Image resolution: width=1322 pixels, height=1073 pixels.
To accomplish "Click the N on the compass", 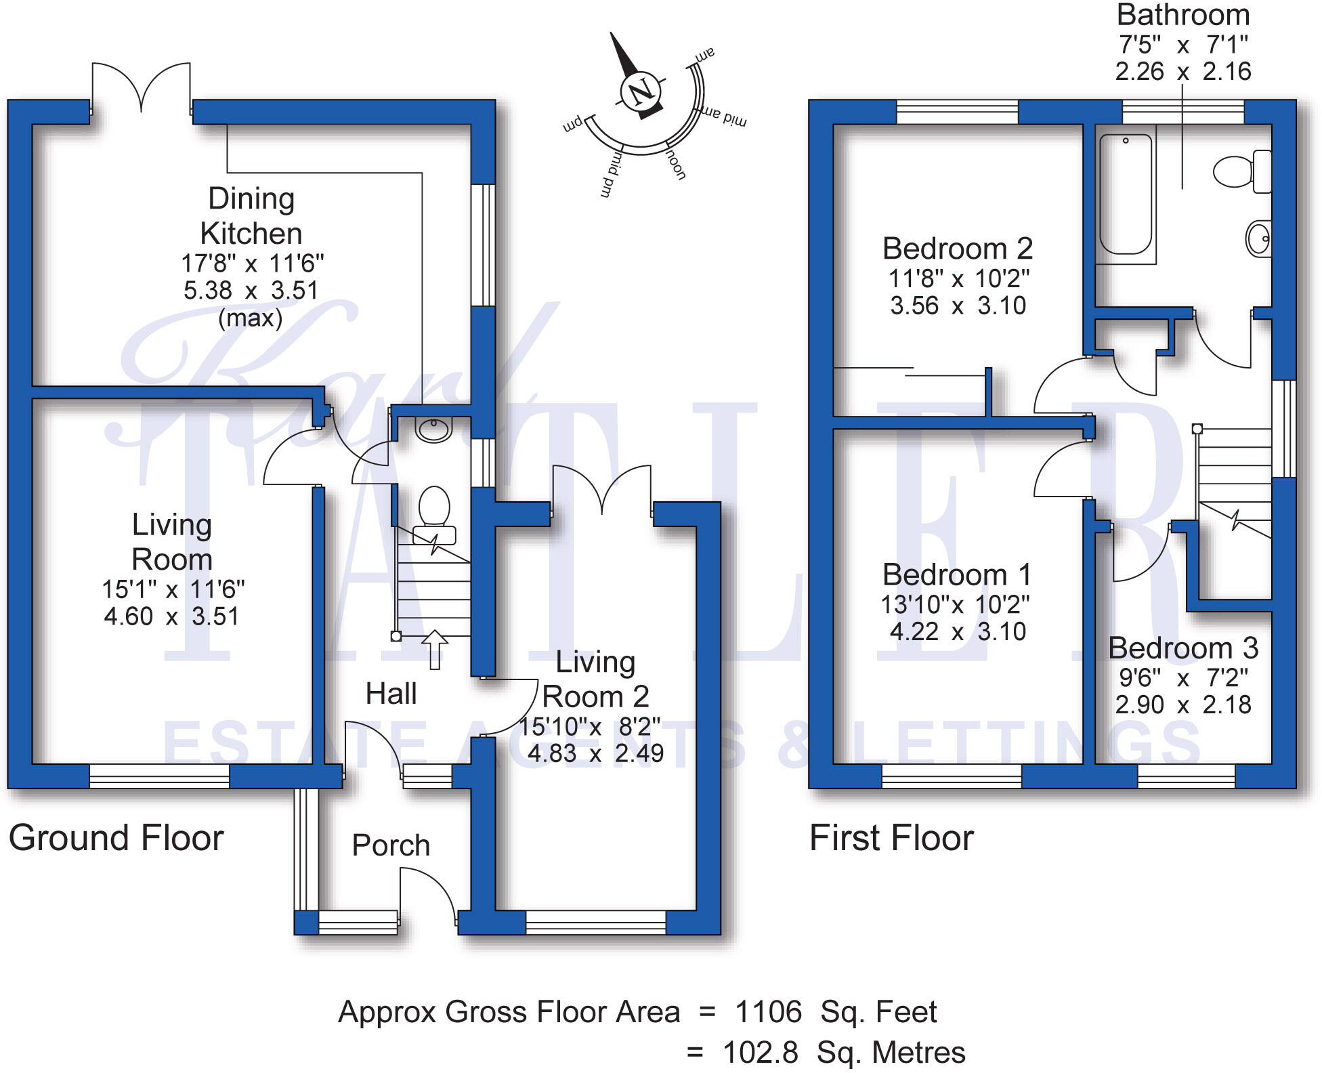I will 641,91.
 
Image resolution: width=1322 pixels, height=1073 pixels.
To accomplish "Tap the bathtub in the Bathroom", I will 1125,195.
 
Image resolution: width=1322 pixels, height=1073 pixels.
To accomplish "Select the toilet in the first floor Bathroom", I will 1240,171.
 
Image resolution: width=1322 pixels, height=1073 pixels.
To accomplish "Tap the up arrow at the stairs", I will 435,649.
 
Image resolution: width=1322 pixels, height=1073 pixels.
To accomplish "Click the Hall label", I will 391,694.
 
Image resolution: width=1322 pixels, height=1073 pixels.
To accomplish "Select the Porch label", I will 391,845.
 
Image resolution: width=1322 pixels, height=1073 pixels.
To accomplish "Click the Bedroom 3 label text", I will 1182,648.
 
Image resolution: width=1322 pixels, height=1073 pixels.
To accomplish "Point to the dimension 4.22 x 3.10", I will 957,631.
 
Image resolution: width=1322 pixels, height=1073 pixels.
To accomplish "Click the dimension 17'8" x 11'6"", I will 252,263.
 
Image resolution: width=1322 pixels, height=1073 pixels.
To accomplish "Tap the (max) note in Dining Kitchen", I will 250,318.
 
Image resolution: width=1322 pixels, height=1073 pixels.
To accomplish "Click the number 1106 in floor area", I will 768,1012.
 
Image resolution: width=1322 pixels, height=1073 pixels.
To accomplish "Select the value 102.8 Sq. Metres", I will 843,1053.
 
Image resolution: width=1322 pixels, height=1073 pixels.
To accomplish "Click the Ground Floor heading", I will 116,838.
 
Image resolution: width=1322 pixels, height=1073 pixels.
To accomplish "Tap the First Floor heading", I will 891,838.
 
